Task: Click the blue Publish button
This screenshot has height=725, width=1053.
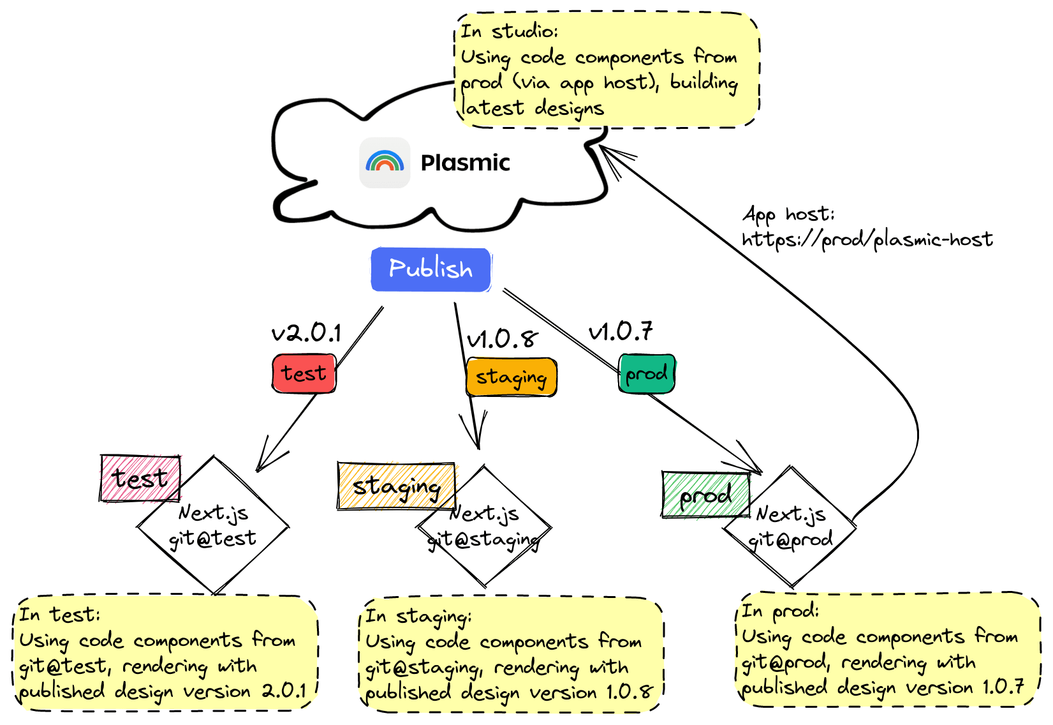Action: pos(431,269)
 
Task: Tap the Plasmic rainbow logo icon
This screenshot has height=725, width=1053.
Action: pos(385,162)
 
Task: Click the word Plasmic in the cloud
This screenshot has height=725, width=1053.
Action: pos(465,163)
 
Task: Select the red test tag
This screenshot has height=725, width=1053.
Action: pos(304,373)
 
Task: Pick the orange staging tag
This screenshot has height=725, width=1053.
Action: pos(511,377)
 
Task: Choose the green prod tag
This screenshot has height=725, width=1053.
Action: pos(646,373)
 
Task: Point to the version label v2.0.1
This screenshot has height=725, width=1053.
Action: pos(306,333)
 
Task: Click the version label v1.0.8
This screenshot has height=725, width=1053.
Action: pos(502,339)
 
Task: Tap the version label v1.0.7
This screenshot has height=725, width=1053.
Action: pos(620,331)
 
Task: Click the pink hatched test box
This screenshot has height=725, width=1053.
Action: pos(140,478)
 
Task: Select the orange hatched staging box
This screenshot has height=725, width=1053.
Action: pos(396,486)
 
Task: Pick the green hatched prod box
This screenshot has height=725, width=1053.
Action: pos(705,495)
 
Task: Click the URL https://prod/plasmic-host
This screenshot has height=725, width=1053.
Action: pos(867,240)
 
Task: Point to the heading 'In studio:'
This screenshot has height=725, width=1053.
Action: pos(509,31)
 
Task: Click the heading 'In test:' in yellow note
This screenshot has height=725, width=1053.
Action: pos(59,615)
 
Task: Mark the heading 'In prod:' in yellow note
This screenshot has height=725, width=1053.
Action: pos(779,611)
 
